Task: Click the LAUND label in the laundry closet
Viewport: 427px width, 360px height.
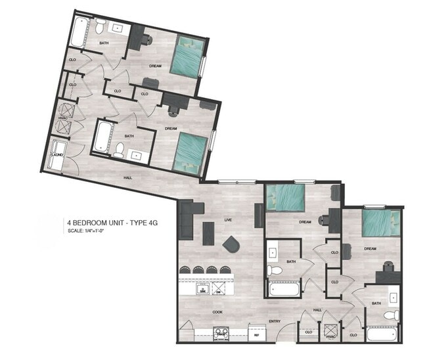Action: tap(58, 154)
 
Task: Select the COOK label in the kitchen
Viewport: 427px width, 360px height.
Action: tap(217, 312)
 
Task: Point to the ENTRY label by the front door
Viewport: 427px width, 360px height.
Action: tap(275, 321)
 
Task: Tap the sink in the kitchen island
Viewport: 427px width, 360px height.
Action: tap(204, 287)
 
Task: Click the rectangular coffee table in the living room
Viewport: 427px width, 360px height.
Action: tap(208, 233)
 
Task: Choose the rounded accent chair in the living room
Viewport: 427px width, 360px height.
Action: tap(231, 244)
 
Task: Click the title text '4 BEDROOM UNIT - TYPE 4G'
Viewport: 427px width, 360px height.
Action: tap(112, 223)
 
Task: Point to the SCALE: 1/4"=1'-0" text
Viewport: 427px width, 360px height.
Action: tap(86, 231)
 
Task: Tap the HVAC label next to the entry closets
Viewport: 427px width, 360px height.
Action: tap(330, 337)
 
